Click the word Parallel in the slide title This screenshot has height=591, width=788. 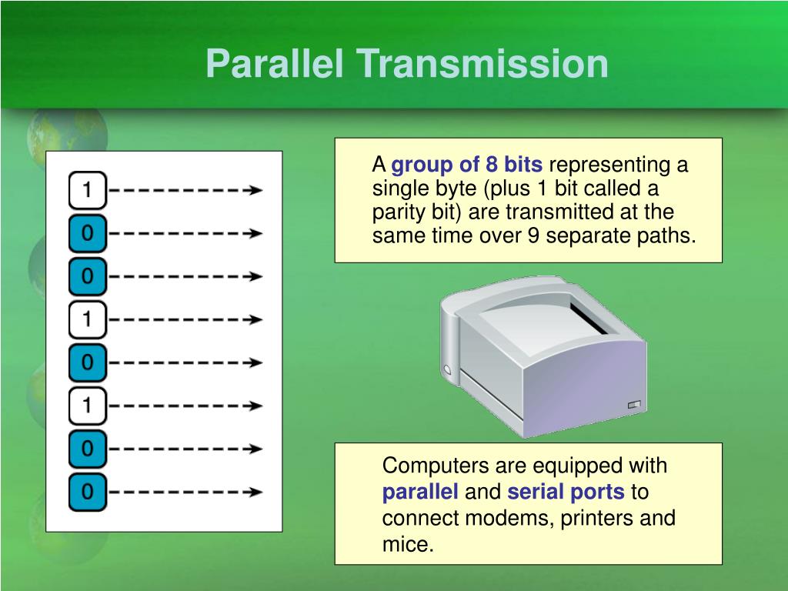pos(275,65)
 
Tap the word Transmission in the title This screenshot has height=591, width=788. pos(481,65)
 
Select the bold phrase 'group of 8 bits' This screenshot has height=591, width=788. pos(467,165)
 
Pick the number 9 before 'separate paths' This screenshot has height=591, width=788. pos(533,235)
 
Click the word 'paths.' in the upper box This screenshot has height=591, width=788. pos(669,235)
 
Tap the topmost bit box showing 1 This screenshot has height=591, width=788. pos(87,190)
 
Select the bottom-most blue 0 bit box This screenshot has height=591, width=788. pos(87,491)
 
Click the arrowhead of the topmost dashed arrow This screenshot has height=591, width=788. pos(256,190)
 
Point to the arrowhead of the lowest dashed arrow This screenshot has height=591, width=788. pos(256,491)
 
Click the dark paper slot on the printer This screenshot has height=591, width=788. pos(589,318)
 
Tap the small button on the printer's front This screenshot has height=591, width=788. pos(633,404)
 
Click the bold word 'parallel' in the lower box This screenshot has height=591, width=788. pos(420,492)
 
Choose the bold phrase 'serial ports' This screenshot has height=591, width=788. pos(566,492)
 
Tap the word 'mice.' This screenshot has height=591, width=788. pos(408,545)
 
